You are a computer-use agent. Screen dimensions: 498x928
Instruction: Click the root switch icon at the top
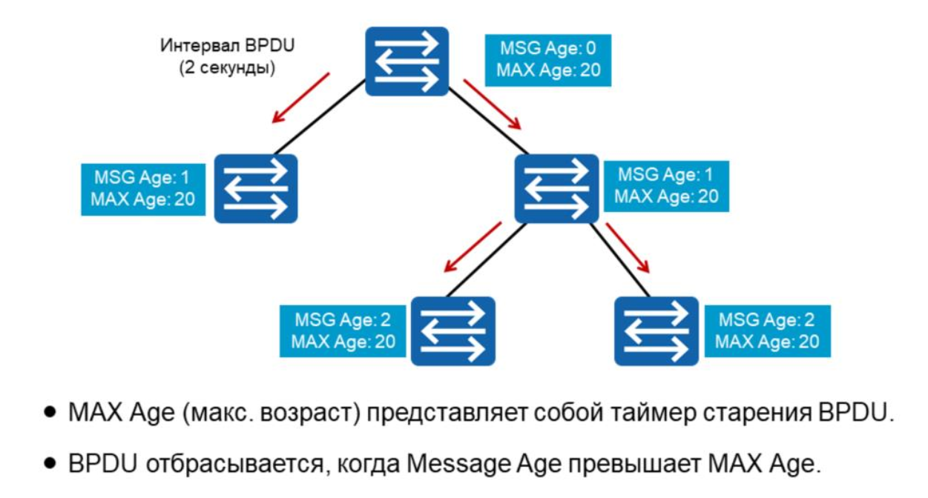coord(407,61)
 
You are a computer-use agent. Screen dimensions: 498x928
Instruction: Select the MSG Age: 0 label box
coord(548,60)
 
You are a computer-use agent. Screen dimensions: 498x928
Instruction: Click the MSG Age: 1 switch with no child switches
coord(256,188)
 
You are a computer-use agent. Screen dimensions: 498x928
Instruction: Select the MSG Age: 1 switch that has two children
coord(556,188)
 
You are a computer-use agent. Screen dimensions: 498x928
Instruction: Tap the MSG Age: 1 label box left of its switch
coord(143,188)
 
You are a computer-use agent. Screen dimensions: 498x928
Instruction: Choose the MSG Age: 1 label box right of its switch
coord(666,185)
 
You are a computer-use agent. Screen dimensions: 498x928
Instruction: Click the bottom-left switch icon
coord(453,331)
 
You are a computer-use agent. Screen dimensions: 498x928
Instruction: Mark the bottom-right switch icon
coord(656,331)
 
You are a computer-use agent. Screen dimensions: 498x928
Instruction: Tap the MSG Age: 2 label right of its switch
coord(767,331)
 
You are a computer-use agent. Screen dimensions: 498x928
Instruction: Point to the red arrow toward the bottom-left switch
coord(470,250)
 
